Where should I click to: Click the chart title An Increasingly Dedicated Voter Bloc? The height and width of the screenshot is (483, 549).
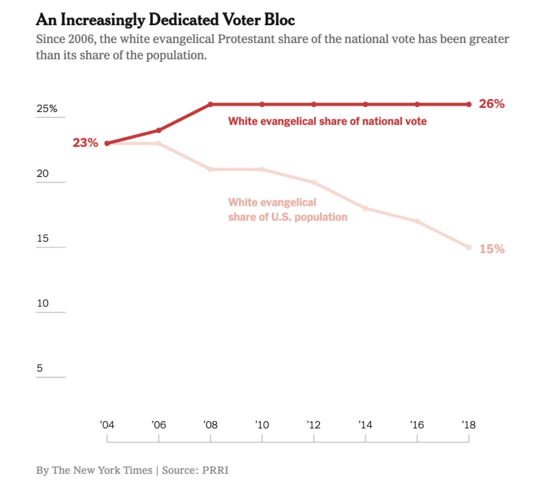click(x=165, y=20)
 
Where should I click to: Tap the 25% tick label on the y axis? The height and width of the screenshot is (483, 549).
click(x=47, y=109)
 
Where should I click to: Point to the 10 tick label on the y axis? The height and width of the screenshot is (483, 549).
click(x=43, y=303)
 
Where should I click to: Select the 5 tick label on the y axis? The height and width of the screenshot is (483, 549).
click(x=40, y=368)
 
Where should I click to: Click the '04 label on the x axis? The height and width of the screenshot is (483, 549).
click(x=107, y=425)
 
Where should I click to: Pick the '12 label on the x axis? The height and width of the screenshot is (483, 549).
click(x=313, y=425)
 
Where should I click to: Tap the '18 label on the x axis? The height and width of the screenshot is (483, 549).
click(x=469, y=425)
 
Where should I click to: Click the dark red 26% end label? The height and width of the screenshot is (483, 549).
click(x=491, y=104)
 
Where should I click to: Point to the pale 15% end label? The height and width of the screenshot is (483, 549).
click(x=491, y=248)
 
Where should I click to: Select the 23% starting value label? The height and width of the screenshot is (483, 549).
click(x=85, y=143)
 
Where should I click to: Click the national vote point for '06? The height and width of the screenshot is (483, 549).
click(x=159, y=130)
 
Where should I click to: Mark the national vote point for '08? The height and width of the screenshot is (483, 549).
click(x=210, y=104)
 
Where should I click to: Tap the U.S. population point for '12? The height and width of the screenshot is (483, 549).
click(x=313, y=182)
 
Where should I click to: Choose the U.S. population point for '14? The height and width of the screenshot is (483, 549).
click(x=366, y=208)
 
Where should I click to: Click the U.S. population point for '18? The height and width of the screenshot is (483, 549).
click(x=469, y=247)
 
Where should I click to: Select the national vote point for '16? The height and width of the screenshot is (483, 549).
click(x=417, y=104)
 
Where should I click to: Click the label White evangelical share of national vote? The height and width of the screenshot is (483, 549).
click(x=327, y=121)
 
